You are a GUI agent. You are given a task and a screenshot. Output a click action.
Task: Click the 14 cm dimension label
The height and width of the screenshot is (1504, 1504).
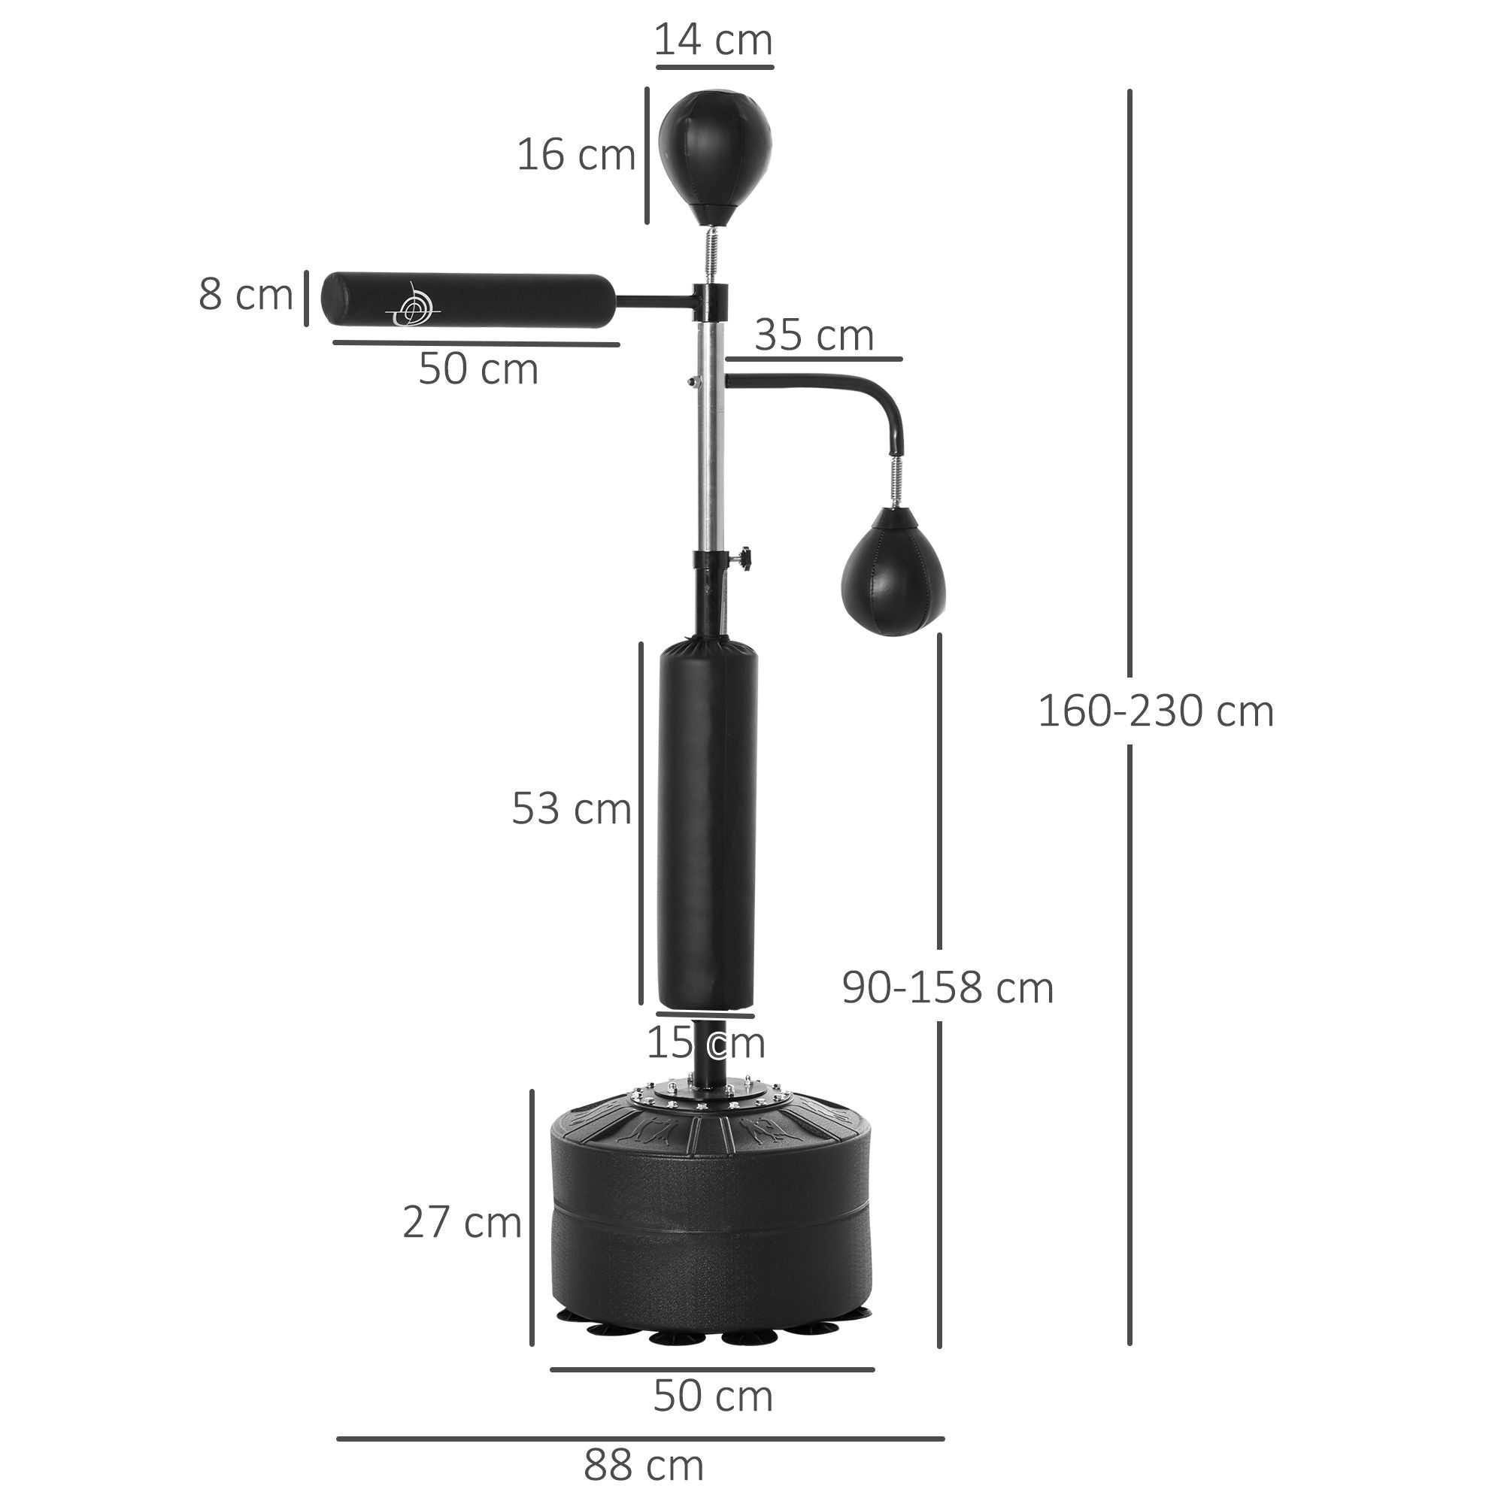(713, 41)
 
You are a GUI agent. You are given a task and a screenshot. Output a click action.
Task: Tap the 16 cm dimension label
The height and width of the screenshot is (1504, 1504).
(576, 155)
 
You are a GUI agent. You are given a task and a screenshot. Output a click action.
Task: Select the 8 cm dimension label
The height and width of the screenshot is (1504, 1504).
(245, 295)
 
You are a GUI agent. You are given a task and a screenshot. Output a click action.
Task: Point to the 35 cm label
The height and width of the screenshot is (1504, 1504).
(814, 336)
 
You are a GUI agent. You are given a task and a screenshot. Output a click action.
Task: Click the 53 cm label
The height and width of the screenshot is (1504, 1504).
(571, 809)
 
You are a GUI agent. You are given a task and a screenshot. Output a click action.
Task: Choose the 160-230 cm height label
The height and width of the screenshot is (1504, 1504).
(1155, 711)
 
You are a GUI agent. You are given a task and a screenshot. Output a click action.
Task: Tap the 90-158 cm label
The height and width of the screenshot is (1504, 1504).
(948, 988)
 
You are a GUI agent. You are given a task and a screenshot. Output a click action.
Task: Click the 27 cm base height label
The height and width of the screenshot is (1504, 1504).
(462, 1222)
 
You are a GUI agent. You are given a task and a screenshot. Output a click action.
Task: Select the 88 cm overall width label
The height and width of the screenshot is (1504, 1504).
(644, 1465)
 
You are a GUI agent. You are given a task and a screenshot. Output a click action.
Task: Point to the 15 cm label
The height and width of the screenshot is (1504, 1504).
(705, 1043)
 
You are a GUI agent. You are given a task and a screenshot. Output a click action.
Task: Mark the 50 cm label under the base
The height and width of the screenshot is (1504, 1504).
(712, 1396)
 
